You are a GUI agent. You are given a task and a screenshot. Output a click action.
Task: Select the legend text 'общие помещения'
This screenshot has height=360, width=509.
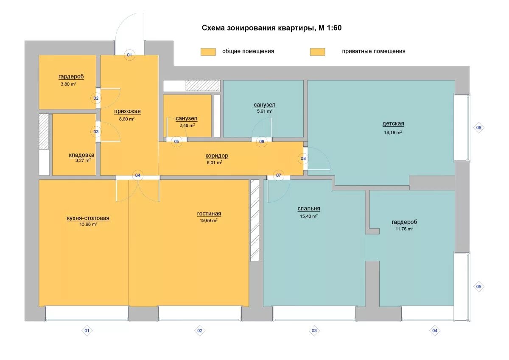[248, 51]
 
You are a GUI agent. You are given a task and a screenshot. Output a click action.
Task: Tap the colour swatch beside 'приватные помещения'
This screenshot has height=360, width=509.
[317, 52]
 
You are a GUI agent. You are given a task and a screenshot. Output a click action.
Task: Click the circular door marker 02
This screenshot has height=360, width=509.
[96, 98]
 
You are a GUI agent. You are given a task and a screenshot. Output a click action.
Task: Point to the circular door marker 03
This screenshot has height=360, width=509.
[96, 132]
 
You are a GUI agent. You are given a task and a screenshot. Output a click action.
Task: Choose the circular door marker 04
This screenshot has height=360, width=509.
[138, 176]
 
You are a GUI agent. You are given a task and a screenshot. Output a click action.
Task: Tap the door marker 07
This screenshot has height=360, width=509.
[279, 176]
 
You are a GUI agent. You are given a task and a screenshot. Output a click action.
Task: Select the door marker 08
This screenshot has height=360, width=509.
[303, 159]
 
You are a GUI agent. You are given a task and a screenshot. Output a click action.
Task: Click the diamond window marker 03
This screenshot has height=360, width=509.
[314, 331]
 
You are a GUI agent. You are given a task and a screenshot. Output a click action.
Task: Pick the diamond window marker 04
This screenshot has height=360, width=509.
[435, 331]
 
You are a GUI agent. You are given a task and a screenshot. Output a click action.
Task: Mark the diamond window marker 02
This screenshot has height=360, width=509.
[200, 331]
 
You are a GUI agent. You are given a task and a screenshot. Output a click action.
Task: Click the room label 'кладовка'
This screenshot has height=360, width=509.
[81, 155]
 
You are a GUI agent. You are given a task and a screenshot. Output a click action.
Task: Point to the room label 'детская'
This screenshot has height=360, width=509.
[393, 123]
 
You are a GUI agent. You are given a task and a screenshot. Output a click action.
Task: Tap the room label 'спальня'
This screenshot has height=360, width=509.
[309, 209]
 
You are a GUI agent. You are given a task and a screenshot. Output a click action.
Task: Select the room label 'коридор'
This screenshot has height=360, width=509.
[217, 156]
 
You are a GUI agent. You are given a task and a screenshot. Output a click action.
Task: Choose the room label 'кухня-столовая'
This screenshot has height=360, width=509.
[88, 218]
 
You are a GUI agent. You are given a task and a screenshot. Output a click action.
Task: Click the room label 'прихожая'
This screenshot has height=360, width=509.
[127, 111]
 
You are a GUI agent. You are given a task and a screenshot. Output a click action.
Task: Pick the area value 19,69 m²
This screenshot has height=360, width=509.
[209, 220]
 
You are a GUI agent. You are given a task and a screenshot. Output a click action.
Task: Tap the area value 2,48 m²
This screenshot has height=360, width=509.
[187, 125]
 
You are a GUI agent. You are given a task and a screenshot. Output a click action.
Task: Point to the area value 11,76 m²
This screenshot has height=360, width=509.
[404, 229]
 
